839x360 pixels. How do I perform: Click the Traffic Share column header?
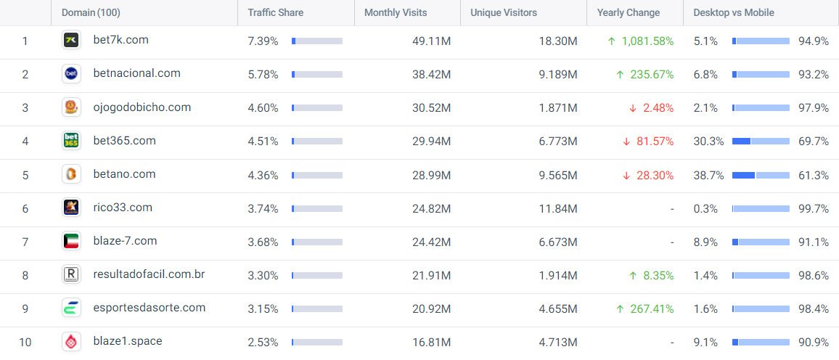click(x=276, y=12)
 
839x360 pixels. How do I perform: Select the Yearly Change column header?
click(x=629, y=12)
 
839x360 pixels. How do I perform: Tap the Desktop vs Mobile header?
click(x=734, y=12)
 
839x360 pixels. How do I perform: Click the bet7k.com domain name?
click(x=121, y=40)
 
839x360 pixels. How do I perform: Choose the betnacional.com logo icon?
click(x=71, y=73)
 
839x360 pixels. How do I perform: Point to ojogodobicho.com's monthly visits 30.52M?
click(x=432, y=107)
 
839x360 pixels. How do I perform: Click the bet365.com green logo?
click(x=71, y=141)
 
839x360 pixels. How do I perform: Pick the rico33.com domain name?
click(x=123, y=208)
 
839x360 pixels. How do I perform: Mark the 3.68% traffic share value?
click(x=263, y=242)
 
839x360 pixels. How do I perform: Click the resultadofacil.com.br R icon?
click(x=71, y=275)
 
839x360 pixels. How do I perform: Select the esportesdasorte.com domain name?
click(x=150, y=308)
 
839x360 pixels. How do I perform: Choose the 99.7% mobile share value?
click(x=813, y=208)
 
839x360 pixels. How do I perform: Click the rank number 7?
click(x=25, y=242)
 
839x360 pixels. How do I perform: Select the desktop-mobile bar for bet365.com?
click(x=761, y=141)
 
